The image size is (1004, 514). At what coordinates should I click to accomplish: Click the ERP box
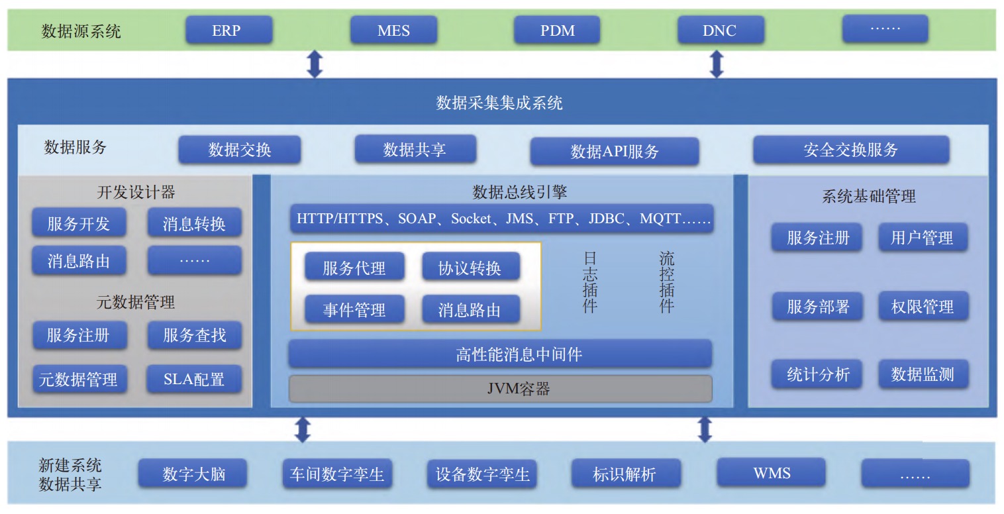228,30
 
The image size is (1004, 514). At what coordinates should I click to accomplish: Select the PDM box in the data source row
557,30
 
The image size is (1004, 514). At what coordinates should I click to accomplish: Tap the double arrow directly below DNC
716,64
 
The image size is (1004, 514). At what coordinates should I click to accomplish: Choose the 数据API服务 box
614,152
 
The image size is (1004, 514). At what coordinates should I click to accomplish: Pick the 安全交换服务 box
850,150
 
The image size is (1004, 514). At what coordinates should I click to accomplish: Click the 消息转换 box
194,223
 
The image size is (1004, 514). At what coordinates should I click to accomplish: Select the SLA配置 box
194,379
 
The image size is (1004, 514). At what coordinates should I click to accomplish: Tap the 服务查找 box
194,335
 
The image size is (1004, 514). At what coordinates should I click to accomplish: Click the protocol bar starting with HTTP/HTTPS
501,219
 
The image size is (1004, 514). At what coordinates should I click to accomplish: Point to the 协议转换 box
470,268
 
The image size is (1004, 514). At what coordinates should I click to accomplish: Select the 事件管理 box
354,309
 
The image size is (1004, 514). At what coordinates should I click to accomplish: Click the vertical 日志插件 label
589,282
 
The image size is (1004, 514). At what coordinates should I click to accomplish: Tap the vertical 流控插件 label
666,282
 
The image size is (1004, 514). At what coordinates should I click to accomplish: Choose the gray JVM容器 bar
500,389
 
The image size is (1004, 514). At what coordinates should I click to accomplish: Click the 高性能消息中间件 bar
500,354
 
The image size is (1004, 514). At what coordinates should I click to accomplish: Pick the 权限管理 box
923,307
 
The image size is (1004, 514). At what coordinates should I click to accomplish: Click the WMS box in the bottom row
772,473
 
